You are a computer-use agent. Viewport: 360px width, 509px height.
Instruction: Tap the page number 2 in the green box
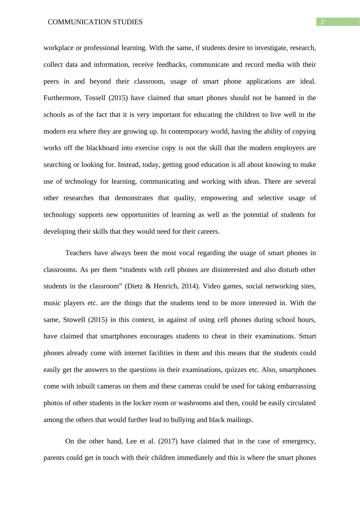[x=322, y=22]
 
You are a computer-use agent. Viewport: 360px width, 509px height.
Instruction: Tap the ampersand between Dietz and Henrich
[x=147, y=286]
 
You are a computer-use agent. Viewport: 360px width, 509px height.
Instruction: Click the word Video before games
[x=211, y=286]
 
